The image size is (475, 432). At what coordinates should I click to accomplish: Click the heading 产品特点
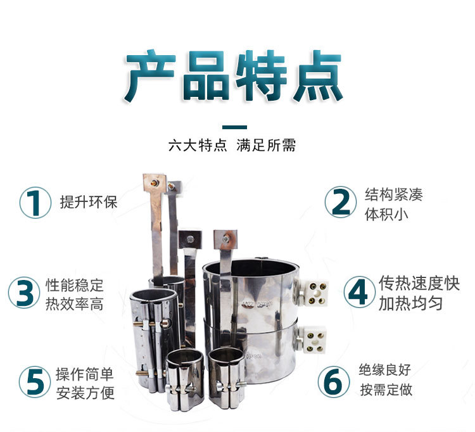coord(234,76)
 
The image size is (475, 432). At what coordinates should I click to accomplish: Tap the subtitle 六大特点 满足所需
coord(232,145)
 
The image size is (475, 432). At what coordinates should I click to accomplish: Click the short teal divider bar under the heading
coord(234,127)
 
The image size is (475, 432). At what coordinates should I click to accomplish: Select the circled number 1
coord(35,202)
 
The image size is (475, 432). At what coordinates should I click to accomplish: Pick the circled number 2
coord(341,202)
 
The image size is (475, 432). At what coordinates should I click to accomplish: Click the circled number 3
coord(24,293)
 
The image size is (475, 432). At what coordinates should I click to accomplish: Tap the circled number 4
coord(359,293)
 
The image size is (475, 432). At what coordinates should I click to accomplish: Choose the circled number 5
coord(35,382)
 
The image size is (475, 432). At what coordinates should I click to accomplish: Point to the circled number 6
coord(334,382)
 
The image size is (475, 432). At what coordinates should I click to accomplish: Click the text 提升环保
coord(89,202)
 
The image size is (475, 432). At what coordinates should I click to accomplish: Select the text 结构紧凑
coord(393,194)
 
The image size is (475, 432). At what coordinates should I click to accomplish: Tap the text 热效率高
coord(75,304)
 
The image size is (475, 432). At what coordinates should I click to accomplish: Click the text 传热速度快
coord(419,283)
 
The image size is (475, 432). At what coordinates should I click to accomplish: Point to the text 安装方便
coord(85,393)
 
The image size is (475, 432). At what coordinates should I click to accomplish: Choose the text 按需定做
coord(386,390)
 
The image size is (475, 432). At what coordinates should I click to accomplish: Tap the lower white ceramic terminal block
coord(313,340)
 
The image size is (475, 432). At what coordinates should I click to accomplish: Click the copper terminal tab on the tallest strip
coord(155,183)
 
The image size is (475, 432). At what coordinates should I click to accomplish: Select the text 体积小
coord(386,214)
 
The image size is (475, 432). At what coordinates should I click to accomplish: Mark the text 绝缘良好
coord(384,370)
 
